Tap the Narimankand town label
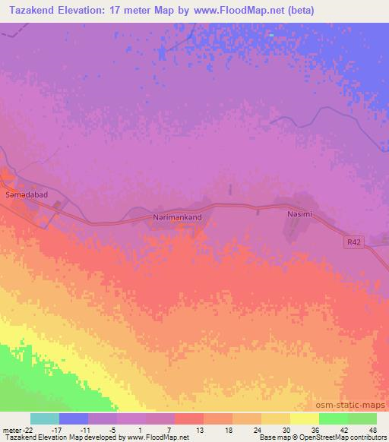[178, 217]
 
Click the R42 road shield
[351, 241]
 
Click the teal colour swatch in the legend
[45, 418]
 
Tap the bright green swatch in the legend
[334, 418]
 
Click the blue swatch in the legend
[74, 418]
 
